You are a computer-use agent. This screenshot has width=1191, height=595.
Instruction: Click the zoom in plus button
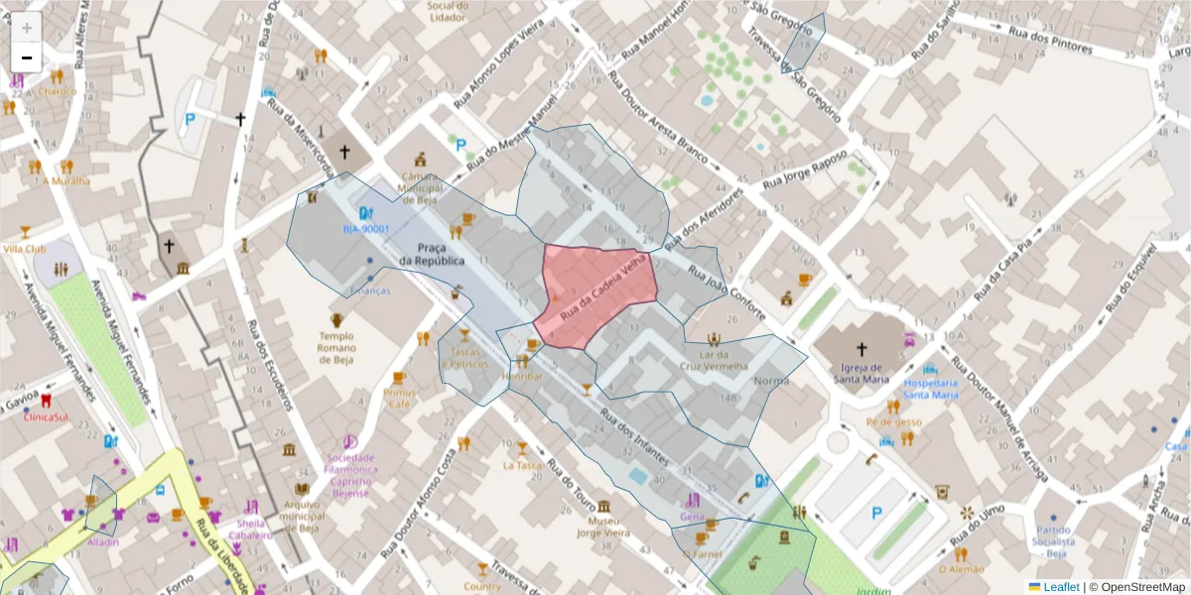pyautogui.click(x=27, y=28)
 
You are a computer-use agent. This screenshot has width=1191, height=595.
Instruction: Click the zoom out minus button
pyautogui.click(x=27, y=58)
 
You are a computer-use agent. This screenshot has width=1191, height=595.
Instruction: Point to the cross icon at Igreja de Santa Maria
pyautogui.click(x=860, y=349)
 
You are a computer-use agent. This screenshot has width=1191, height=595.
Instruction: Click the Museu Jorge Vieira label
pyautogui.click(x=603, y=528)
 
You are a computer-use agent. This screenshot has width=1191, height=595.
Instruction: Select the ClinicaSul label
pyautogui.click(x=48, y=417)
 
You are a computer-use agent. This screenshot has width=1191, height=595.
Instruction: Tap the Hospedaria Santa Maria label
pyautogui.click(x=930, y=389)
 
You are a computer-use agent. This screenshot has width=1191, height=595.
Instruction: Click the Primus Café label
pyautogui.click(x=399, y=399)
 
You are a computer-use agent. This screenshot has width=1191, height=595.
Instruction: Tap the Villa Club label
pyautogui.click(x=25, y=249)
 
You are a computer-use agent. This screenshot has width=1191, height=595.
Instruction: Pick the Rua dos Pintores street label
pyautogui.click(x=1050, y=40)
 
